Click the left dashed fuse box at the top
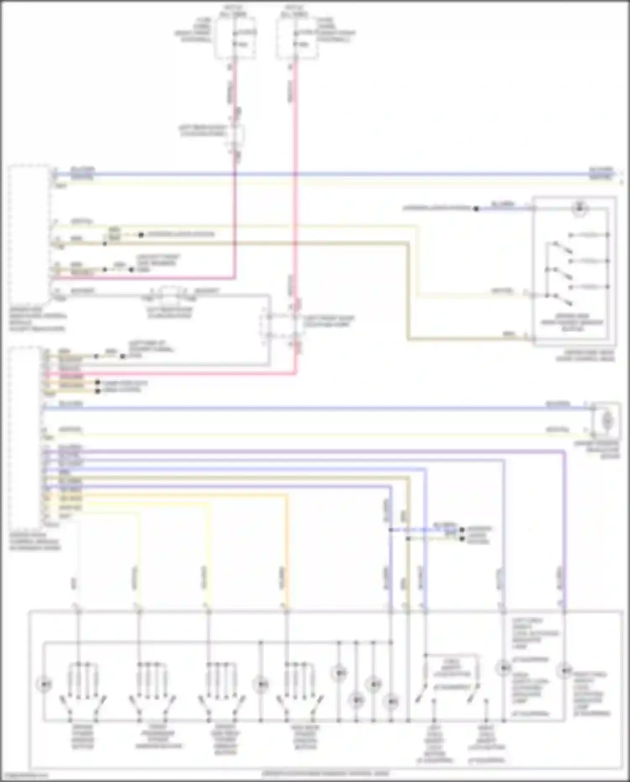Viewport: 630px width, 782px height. tap(235, 38)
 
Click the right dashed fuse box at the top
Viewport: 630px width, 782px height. tap(297, 38)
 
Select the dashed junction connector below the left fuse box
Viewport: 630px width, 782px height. tap(236, 134)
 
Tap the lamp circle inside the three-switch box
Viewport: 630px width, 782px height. tap(580, 208)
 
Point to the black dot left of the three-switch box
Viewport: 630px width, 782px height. tap(476, 208)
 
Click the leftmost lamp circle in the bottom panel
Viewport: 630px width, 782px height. tap(44, 685)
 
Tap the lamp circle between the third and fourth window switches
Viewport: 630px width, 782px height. tap(260, 685)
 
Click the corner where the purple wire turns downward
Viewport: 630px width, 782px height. tap(564, 452)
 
